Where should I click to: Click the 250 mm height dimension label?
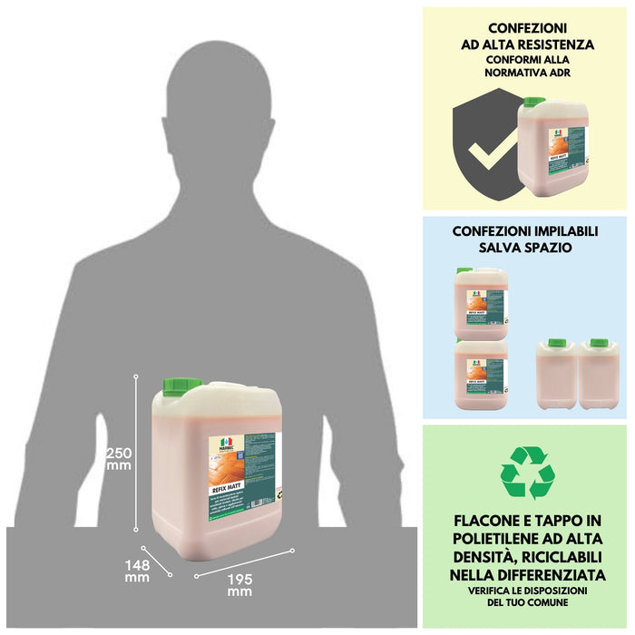(x=119, y=458)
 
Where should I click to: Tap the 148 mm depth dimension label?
(x=137, y=571)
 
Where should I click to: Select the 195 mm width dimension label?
(x=239, y=585)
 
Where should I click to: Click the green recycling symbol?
(x=527, y=473)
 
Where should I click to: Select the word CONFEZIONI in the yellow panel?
(x=527, y=27)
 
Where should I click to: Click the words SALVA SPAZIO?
(x=527, y=248)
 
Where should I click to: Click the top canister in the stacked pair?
(x=482, y=303)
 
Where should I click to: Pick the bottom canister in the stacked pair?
(x=482, y=375)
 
